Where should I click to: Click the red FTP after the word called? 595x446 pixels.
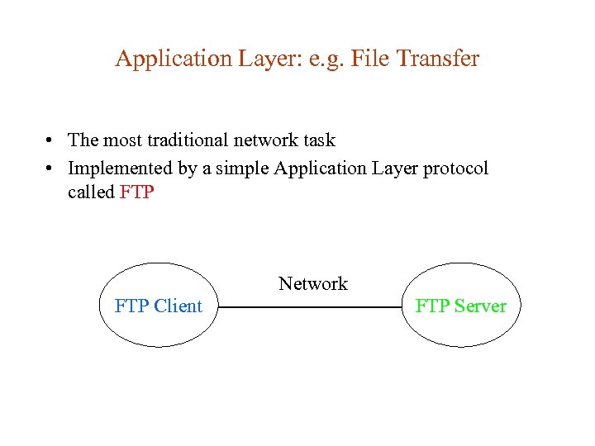(x=137, y=192)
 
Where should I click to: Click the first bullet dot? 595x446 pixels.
(x=51, y=141)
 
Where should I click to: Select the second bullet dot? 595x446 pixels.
(x=51, y=169)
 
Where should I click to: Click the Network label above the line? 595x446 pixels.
(x=313, y=284)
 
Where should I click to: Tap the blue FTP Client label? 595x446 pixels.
(x=158, y=306)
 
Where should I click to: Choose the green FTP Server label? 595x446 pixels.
(x=460, y=306)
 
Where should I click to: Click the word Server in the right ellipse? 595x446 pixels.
(x=479, y=306)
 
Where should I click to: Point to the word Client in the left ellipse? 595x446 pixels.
(x=177, y=306)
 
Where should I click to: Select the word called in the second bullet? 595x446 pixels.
(x=92, y=192)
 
